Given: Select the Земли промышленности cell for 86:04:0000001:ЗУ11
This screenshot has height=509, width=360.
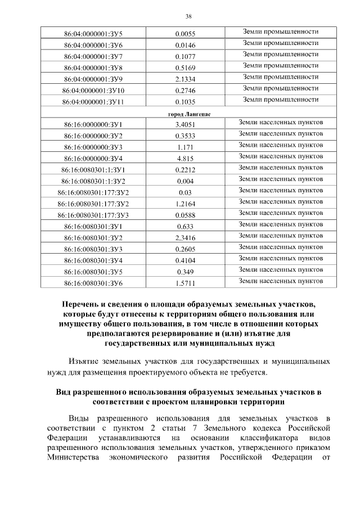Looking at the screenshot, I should click(281, 100).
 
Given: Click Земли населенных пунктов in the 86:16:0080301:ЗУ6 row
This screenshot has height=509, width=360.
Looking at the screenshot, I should click(281, 281).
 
